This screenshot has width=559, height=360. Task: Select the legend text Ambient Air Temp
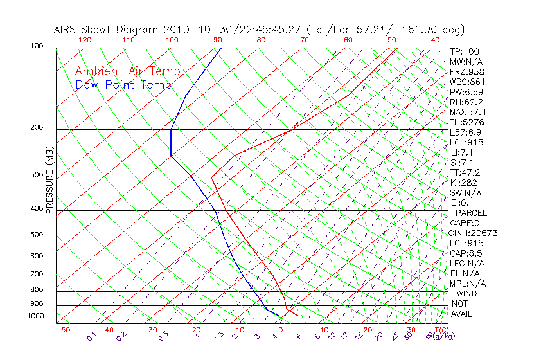click(x=127, y=71)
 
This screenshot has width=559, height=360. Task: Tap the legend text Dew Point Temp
click(x=123, y=85)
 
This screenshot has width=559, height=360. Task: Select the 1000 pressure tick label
click(x=36, y=316)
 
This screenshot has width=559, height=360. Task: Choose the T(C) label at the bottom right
click(x=440, y=330)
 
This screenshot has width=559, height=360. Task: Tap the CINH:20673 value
click(x=474, y=233)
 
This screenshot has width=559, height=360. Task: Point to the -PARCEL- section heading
click(x=472, y=213)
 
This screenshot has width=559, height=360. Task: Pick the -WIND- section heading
click(x=466, y=293)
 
